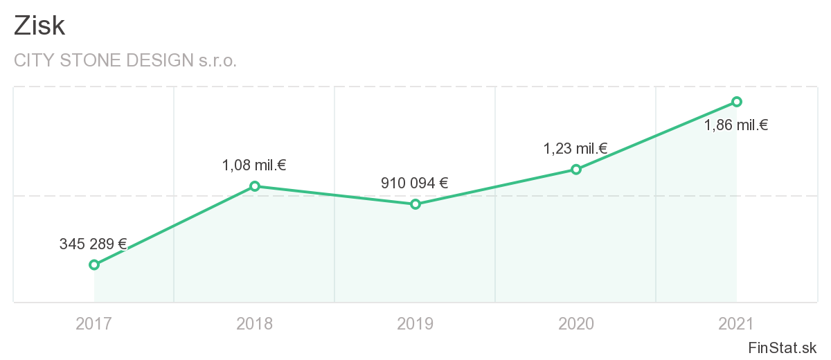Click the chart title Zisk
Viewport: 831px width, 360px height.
click(39, 26)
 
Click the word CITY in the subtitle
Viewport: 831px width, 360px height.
click(35, 61)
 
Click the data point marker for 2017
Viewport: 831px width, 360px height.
click(94, 264)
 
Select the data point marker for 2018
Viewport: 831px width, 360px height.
click(255, 186)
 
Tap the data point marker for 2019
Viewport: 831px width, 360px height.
click(415, 204)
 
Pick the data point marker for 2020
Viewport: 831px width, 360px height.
click(576, 169)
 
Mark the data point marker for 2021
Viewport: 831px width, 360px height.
click(737, 102)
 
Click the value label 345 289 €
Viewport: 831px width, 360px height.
click(93, 244)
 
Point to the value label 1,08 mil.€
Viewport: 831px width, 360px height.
click(254, 165)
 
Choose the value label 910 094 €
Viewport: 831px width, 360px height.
click(415, 183)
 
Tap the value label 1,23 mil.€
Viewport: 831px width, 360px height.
click(575, 148)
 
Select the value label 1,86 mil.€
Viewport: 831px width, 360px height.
click(736, 126)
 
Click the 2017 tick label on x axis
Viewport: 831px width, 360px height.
click(94, 323)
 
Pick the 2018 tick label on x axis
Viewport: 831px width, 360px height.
click(255, 323)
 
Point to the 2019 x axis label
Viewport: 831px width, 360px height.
click(415, 323)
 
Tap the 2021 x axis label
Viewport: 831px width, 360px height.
click(737, 323)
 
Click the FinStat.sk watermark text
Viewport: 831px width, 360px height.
click(783, 348)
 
